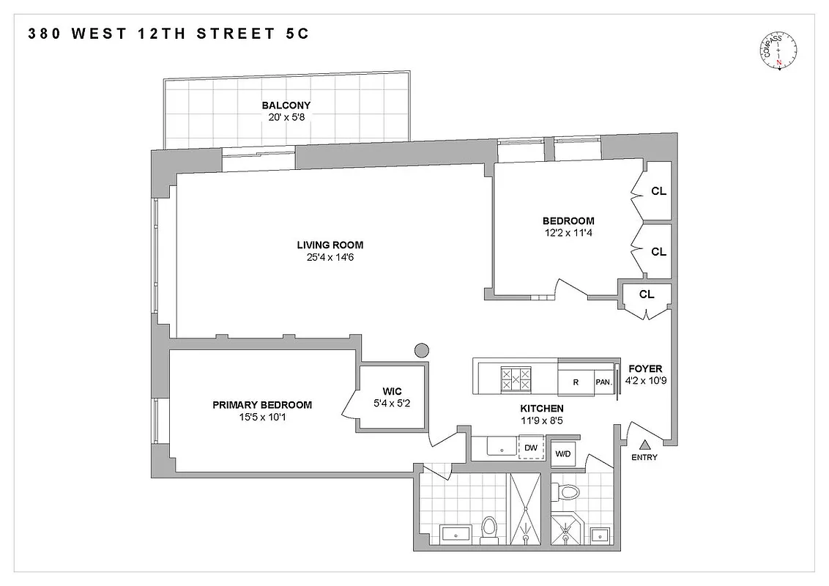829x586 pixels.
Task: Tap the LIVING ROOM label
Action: click(x=330, y=245)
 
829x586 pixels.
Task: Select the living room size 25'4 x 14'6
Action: click(x=330, y=257)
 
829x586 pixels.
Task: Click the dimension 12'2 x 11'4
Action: click(x=568, y=233)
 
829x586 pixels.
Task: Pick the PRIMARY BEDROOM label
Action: click(x=262, y=405)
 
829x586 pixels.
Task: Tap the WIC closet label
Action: click(x=392, y=392)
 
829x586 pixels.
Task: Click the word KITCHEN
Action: click(x=542, y=409)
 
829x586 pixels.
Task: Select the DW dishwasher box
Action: click(x=532, y=448)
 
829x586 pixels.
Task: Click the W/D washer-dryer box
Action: click(x=562, y=454)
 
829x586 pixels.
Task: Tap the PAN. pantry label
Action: click(x=603, y=382)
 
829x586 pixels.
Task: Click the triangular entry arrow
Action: click(x=645, y=444)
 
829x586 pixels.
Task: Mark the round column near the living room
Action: click(x=421, y=350)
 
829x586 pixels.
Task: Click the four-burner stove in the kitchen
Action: click(x=515, y=379)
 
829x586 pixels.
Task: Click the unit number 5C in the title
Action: click(x=302, y=34)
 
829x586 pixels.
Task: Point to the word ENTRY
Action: click(x=644, y=458)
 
